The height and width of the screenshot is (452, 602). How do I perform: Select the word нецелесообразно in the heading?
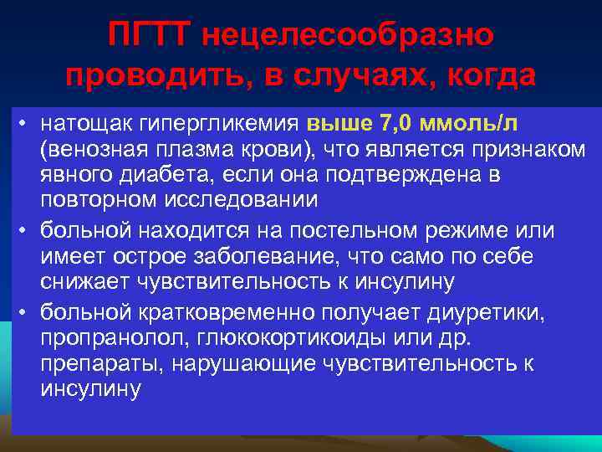pyautogui.click(x=347, y=34)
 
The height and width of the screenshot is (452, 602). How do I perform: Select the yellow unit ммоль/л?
pyautogui.click(x=472, y=125)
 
